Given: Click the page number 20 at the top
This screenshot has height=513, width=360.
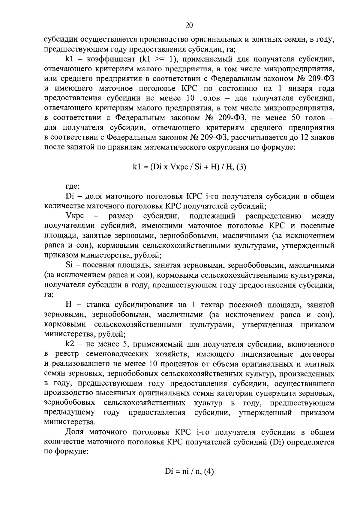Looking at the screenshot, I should tap(189, 25).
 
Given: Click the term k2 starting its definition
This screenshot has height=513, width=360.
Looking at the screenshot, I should tap(70, 344).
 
